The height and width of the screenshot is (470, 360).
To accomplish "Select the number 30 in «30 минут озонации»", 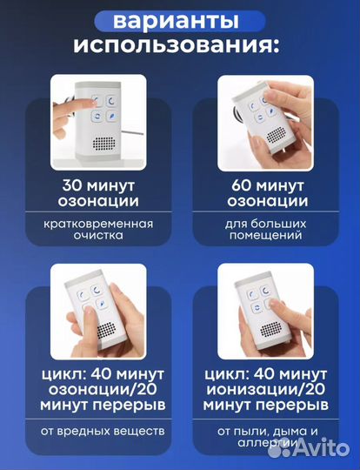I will coord(74,185).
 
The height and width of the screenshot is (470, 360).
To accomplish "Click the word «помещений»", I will coord(268,235).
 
